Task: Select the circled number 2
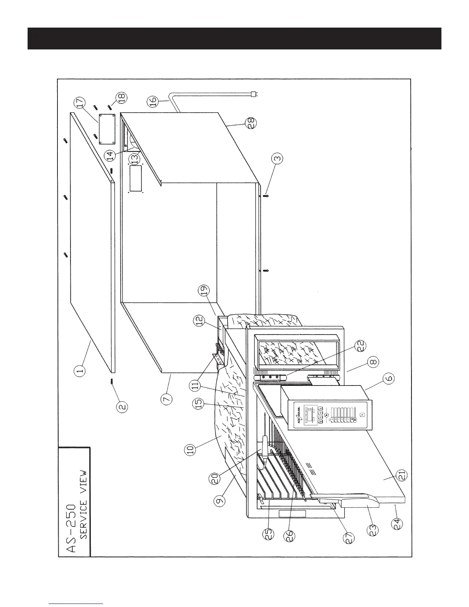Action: pos(123,407)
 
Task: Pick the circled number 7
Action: pos(167,399)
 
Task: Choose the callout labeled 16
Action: pos(153,102)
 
